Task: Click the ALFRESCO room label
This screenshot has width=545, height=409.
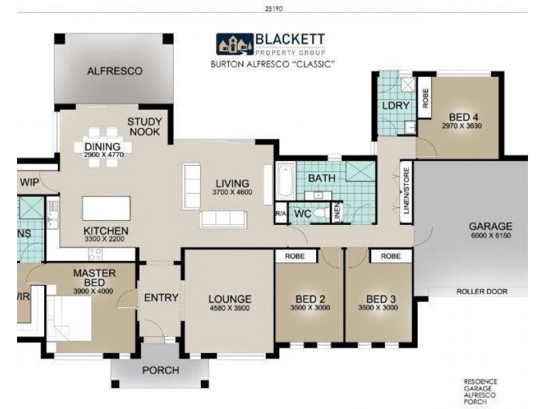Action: tap(114, 71)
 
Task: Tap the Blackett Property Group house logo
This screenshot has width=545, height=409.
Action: tap(235, 44)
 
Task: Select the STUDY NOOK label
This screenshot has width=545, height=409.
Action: tap(144, 127)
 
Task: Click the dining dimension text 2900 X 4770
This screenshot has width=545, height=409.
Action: tap(104, 155)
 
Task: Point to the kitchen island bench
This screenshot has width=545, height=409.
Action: tap(106, 209)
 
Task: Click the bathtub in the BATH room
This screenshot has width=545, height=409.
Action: tap(286, 181)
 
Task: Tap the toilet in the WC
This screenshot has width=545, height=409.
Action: tap(320, 213)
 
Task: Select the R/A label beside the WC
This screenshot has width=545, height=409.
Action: tap(281, 214)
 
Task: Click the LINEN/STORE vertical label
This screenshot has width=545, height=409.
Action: tap(406, 191)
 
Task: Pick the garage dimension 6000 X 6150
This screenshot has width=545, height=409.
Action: tap(490, 235)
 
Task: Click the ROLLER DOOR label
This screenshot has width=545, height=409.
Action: tap(482, 292)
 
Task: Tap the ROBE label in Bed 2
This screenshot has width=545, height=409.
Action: tap(295, 256)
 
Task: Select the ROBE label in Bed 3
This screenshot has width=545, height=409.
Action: tap(390, 256)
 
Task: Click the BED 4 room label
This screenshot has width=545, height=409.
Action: tap(464, 117)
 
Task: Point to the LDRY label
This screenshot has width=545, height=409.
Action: tap(396, 106)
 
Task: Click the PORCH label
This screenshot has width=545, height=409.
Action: tap(161, 370)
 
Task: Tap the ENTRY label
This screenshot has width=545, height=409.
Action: tap(161, 298)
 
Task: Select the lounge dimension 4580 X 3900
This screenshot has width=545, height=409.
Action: tap(230, 308)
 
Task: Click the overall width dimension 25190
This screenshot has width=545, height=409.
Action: tap(274, 9)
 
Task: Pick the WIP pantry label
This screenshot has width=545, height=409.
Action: tap(29, 182)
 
